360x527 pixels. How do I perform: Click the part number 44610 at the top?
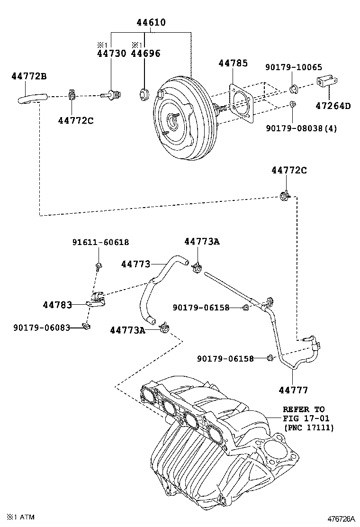click(151, 22)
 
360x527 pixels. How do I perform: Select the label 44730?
click(112, 54)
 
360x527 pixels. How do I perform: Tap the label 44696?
click(145, 54)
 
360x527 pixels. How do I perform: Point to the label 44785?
click(233, 63)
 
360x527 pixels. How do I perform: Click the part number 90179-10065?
click(294, 67)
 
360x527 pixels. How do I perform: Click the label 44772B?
click(29, 76)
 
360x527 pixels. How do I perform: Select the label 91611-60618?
click(100, 242)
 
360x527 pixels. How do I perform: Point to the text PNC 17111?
click(308, 427)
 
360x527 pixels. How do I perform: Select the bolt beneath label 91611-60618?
click(98, 266)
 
